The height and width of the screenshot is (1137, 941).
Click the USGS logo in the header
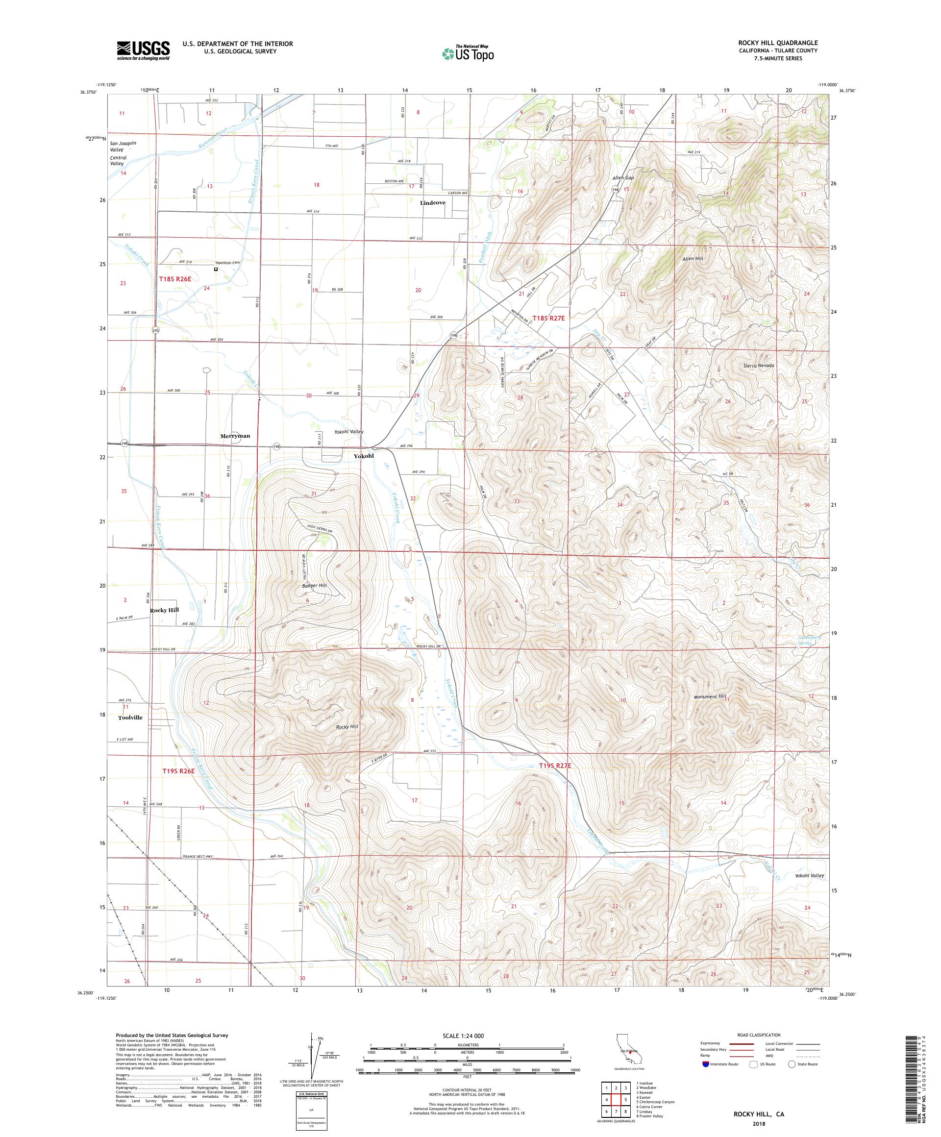(x=143, y=50)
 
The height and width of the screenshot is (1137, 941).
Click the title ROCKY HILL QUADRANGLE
(x=780, y=43)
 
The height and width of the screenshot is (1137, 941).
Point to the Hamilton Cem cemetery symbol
(x=216, y=269)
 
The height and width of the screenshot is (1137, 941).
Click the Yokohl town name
(x=364, y=456)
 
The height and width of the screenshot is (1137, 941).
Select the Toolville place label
(x=130, y=717)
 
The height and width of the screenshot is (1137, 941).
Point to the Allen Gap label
(x=622, y=177)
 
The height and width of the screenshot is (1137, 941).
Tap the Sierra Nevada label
(x=759, y=366)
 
